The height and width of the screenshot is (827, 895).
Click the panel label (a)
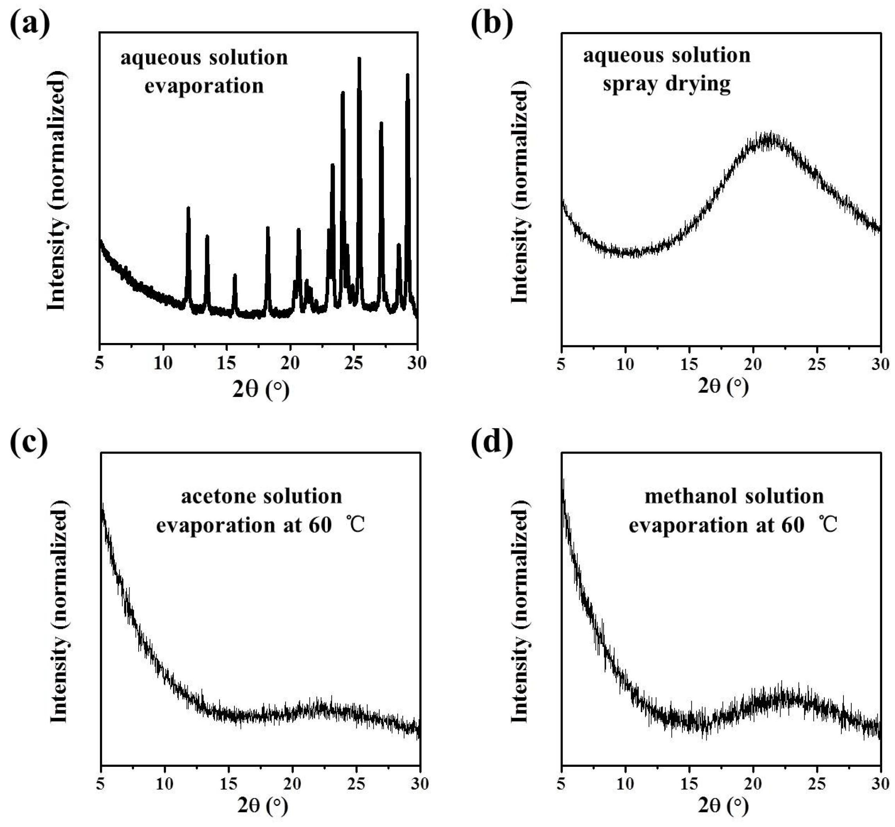(30, 25)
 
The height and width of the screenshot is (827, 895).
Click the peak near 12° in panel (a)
(188, 209)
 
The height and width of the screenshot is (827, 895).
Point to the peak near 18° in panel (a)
(268, 229)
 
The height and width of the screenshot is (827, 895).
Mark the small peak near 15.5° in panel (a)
(234, 276)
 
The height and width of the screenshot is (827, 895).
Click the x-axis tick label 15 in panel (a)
(227, 363)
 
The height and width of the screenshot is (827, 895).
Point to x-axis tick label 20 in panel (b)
(753, 364)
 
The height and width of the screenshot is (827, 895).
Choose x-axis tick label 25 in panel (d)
(817, 783)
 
